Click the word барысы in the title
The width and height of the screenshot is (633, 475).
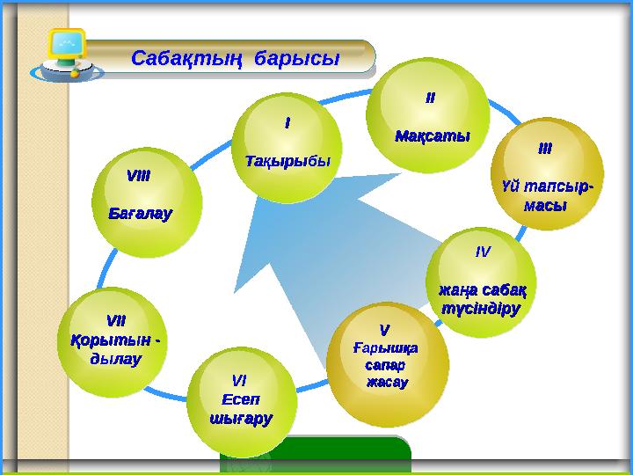tap(296, 59)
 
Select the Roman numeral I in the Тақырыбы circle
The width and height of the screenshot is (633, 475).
tap(286, 124)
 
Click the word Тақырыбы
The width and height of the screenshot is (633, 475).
tap(287, 162)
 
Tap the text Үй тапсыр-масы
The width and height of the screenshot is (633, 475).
tap(545, 195)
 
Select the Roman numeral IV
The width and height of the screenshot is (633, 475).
tap(482, 251)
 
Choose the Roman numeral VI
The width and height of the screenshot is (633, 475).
tap(238, 380)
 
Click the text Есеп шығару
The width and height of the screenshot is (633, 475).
tap(239, 409)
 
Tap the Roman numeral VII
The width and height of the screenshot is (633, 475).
tap(114, 319)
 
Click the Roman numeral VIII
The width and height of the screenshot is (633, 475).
tap(138, 176)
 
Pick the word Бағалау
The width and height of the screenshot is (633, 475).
tap(140, 213)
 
